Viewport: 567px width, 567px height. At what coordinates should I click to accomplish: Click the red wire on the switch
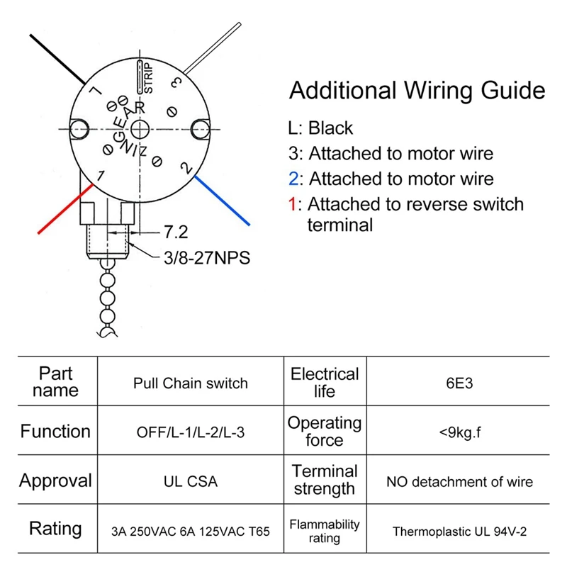[64, 208]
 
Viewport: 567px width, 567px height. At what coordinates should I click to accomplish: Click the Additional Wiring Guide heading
[417, 91]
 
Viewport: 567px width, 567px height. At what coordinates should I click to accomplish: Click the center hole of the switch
[141, 128]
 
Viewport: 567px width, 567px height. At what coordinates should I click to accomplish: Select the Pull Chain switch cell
[191, 383]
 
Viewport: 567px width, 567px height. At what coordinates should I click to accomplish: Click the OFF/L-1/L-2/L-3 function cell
[191, 432]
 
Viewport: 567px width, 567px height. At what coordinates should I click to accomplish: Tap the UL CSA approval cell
[191, 481]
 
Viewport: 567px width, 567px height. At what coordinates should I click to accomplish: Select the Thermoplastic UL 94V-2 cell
[459, 529]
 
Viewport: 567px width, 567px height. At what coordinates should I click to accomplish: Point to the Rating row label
[55, 529]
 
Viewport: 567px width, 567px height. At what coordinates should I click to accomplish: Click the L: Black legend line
[320, 128]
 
